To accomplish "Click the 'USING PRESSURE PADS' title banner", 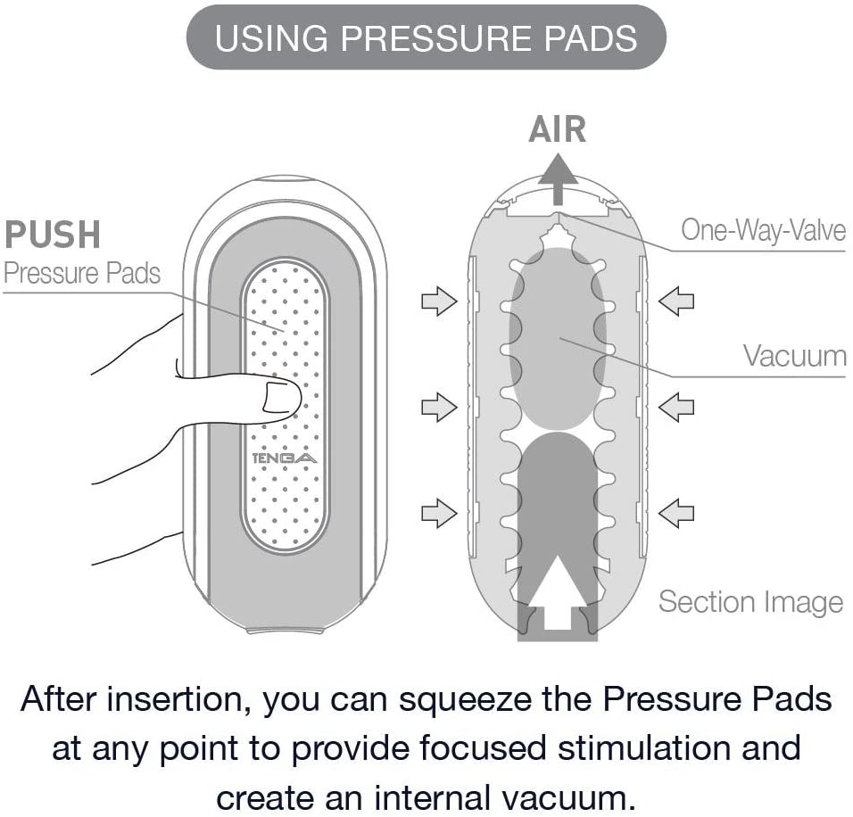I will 426,39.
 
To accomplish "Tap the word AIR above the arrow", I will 558,130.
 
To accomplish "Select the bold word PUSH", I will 53,235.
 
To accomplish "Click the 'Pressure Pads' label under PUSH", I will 82,272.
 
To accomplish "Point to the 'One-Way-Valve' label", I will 763,230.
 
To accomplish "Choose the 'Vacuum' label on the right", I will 794,356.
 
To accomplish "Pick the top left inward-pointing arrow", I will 439,303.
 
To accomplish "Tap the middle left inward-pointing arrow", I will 439,408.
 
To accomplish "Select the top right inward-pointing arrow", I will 676,303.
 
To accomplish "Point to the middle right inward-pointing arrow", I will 676,408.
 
